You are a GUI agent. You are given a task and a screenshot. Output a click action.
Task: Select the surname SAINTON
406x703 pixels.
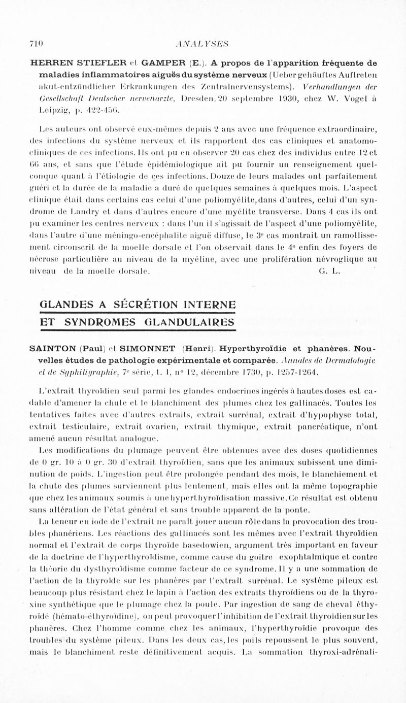(51, 349)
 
